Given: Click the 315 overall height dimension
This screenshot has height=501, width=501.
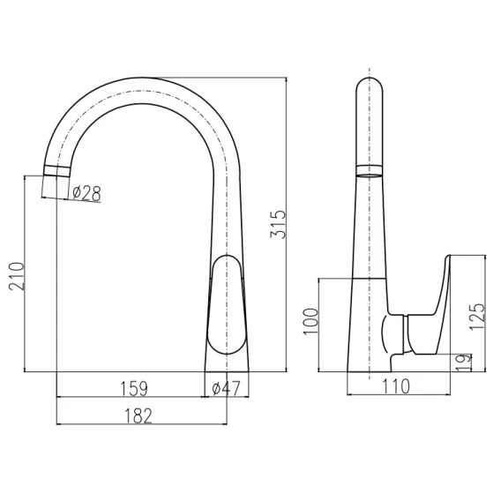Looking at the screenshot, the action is click(278, 225).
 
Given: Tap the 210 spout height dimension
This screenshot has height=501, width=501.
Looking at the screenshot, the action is click(16, 276).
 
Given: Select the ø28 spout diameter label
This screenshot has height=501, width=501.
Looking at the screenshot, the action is click(86, 193).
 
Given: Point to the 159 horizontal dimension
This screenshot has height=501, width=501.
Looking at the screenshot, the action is click(134, 388).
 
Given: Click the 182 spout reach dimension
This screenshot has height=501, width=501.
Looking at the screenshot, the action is click(138, 416).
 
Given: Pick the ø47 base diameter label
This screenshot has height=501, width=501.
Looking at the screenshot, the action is click(226, 388).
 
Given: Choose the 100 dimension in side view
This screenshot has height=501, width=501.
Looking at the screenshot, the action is click(310, 321).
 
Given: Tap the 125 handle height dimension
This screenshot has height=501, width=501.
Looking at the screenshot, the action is click(477, 317).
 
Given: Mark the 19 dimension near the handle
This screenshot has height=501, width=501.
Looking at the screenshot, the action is click(464, 363).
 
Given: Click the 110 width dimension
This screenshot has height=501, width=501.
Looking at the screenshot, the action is click(396, 386).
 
